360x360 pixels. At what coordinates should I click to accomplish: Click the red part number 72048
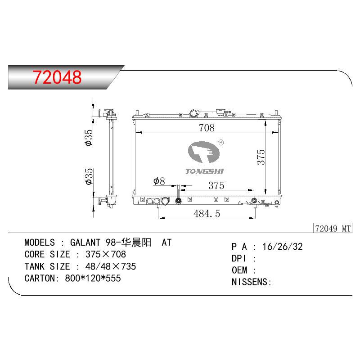pyautogui.click(x=57, y=77)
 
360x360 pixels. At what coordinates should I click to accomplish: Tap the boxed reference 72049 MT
pyautogui.click(x=333, y=229)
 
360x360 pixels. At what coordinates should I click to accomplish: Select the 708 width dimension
pyautogui.click(x=207, y=128)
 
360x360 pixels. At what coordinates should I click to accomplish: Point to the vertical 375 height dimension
pyautogui.click(x=261, y=157)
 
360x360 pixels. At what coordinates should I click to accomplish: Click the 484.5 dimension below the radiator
pyautogui.click(x=207, y=213)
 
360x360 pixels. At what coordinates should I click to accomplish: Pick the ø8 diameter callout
pyautogui.click(x=159, y=181)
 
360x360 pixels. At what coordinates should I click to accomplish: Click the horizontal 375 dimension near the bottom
pyautogui.click(x=216, y=185)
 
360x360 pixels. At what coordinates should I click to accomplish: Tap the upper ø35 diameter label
pyautogui.click(x=89, y=138)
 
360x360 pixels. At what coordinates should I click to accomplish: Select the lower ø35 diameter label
pyautogui.click(x=89, y=176)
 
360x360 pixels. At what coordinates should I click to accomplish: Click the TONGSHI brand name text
pyautogui.click(x=204, y=171)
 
